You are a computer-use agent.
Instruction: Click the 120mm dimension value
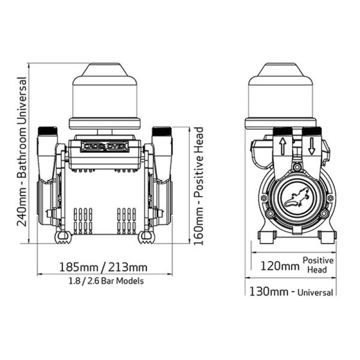[279, 265]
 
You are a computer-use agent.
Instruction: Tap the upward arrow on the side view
[283, 147]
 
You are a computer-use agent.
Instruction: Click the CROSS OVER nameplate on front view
[105, 146]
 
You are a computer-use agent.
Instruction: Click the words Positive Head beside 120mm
[318, 265]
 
